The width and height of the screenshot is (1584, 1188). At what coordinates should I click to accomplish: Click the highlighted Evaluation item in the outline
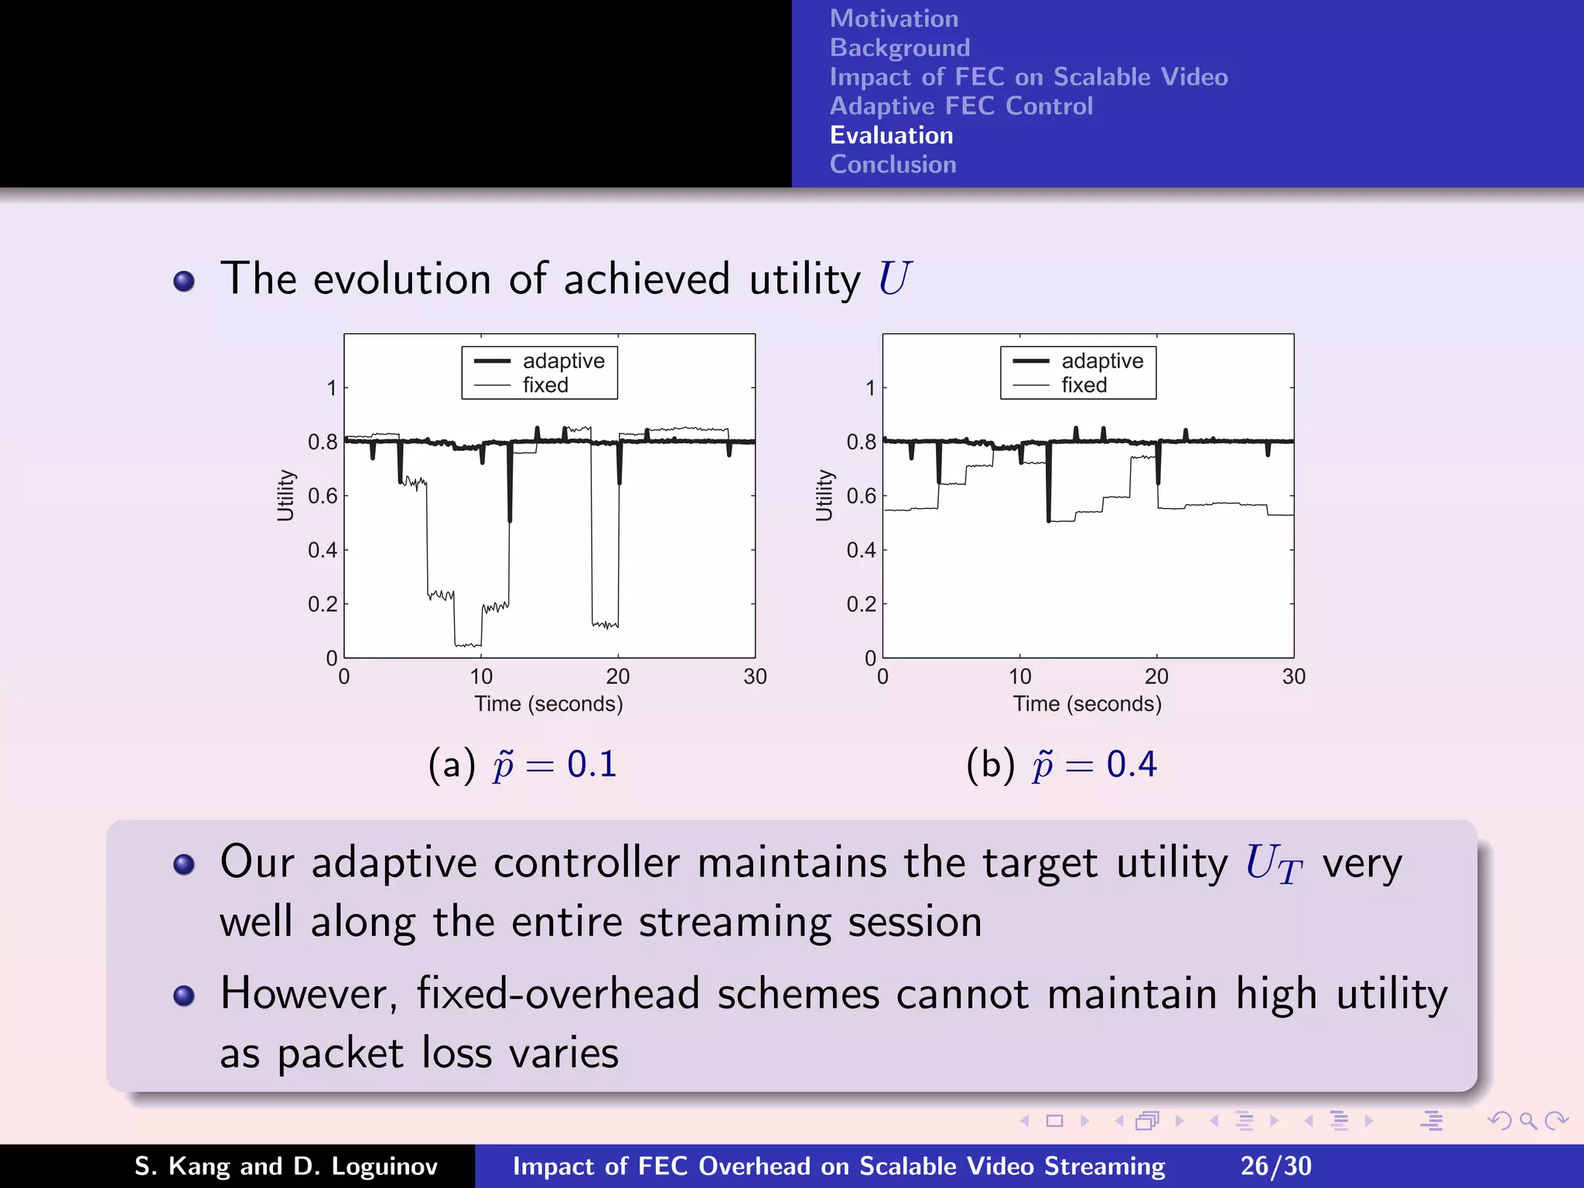tap(891, 135)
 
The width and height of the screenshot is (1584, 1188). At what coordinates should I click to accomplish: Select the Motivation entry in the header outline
tap(893, 19)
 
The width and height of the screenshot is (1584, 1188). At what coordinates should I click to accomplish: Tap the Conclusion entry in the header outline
tap(893, 165)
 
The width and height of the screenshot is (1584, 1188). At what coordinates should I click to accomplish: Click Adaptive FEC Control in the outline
tap(961, 106)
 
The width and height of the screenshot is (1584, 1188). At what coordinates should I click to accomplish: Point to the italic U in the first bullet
tap(895, 278)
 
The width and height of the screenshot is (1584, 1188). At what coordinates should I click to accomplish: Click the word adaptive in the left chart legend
tap(563, 361)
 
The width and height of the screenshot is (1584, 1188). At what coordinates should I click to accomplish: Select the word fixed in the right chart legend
tap(1084, 385)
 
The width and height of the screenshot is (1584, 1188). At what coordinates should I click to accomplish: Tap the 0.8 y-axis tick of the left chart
tap(323, 442)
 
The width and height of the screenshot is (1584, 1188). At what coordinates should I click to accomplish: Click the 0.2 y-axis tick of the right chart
tap(861, 604)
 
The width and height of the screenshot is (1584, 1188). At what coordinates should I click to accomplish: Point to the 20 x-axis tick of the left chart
tap(617, 678)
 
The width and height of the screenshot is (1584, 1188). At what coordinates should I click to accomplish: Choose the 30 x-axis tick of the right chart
tap(1293, 678)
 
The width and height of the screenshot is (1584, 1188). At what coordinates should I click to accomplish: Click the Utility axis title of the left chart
tap(285, 495)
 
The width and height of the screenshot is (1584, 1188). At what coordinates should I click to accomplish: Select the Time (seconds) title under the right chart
tap(1087, 705)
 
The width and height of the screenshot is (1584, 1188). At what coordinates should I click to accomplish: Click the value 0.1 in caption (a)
tap(592, 765)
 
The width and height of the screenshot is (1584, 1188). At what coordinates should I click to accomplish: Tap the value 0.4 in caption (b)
tap(1131, 765)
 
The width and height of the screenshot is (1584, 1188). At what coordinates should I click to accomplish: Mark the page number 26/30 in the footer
tap(1275, 1166)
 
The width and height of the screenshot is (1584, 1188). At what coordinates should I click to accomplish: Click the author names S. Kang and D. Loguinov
tap(286, 1166)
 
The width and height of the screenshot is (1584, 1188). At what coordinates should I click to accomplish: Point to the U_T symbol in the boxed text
tap(1273, 864)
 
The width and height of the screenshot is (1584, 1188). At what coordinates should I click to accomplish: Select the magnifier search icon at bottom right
tap(1528, 1121)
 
